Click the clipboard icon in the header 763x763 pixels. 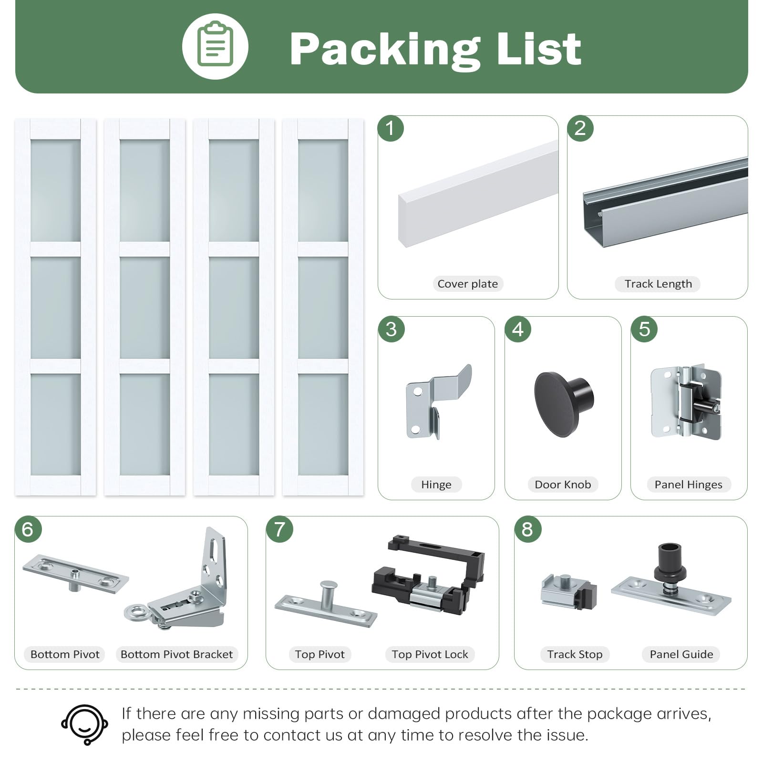pos(215,46)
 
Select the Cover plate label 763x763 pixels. pos(467,284)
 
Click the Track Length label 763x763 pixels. pos(658,284)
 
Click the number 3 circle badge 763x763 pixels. pos(391,329)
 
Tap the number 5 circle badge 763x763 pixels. pos(644,329)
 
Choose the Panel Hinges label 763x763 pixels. pos(688,485)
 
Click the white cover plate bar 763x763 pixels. pos(478,194)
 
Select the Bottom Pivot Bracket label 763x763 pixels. pos(176,654)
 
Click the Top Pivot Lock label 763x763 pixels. pos(430,654)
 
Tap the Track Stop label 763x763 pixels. pos(575,654)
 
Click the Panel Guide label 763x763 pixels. pos(681,654)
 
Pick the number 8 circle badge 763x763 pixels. pos(527,529)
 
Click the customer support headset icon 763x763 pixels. pos(84,724)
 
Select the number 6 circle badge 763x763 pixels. pos(28,529)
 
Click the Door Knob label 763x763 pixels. pos(563,485)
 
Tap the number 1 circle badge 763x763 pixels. pos(391,128)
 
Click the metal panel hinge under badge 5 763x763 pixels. pos(686,402)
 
